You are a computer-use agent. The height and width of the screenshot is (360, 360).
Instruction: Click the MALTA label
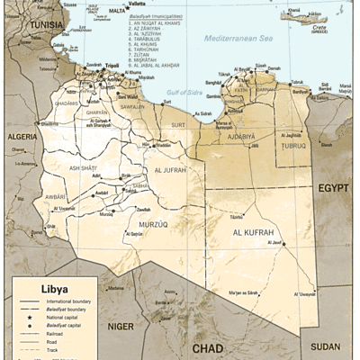118,11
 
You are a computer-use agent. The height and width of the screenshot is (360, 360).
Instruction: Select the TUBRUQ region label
293,145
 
